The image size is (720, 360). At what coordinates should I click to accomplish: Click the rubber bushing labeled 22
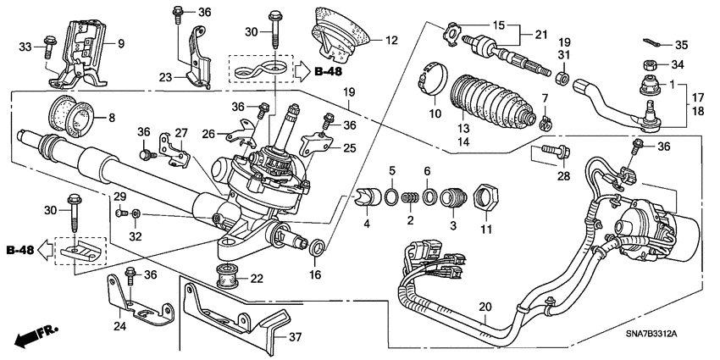pos(227,275)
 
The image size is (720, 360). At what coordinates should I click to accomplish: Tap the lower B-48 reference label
pos(22,250)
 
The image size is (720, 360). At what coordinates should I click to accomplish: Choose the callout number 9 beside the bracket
pos(119,43)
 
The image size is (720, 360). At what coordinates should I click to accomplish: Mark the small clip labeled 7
pos(547,124)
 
